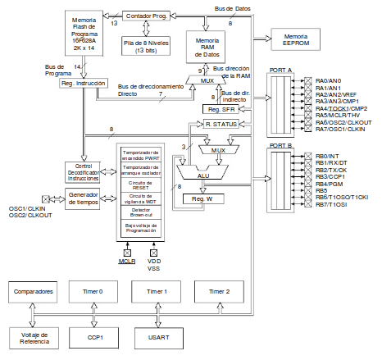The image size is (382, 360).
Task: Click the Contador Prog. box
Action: pyautogui.click(x=148, y=16)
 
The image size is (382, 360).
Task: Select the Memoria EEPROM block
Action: pyautogui.click(x=296, y=38)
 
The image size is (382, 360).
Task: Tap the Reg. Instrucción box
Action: pyautogui.click(x=78, y=84)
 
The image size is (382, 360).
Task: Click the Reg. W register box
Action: pyautogui.click(x=202, y=198)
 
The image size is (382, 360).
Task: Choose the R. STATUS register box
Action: pyautogui.click(x=221, y=124)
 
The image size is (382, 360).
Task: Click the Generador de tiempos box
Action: pyautogui.click(x=82, y=198)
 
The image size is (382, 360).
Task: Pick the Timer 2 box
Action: pyautogui.click(x=220, y=292)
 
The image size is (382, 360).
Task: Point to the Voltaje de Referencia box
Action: pyautogui.click(x=34, y=337)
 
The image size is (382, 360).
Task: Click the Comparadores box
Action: pyautogui.click(x=34, y=292)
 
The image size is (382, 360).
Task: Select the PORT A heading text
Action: pyautogui.click(x=281, y=71)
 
